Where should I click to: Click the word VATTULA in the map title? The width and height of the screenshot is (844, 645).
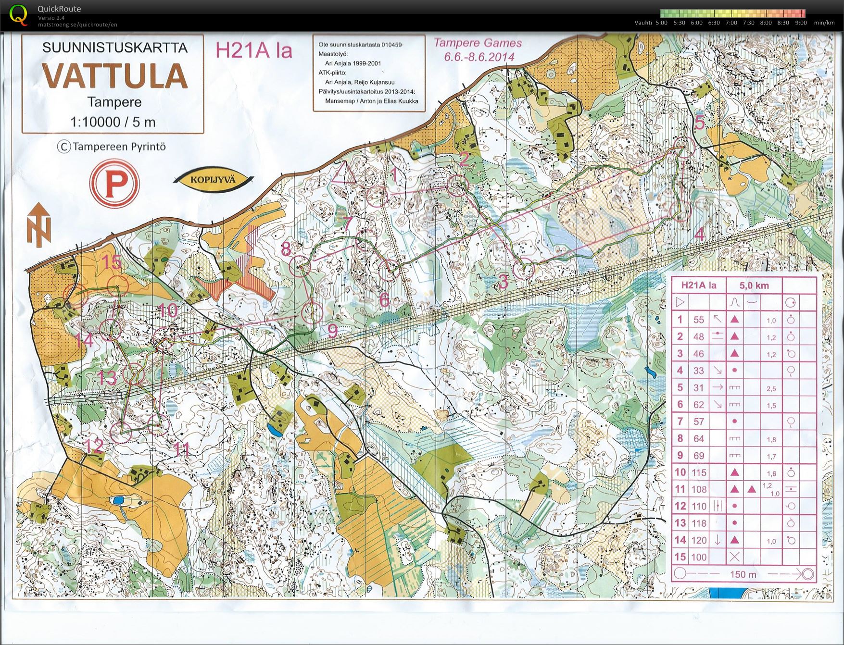coord(114,76)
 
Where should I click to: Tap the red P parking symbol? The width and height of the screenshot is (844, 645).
coord(114,184)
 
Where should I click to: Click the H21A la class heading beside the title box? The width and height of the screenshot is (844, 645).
coord(253,50)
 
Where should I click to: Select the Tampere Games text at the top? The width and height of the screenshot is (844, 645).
coord(478,43)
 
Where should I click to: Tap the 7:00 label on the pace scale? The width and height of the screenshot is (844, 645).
coord(731,23)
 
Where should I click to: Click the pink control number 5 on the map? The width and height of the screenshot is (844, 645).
coord(699,123)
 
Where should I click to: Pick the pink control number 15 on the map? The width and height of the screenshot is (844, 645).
coord(112,262)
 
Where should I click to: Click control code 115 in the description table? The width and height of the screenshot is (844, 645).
coord(699,472)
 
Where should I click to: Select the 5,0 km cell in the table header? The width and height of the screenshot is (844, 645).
coord(754,285)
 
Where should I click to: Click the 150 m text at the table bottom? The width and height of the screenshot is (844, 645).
coord(743,574)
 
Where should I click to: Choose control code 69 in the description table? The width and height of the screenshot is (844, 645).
coord(698,456)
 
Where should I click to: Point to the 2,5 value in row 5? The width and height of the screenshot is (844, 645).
coord(771,388)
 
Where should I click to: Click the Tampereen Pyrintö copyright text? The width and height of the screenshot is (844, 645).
coord(112,147)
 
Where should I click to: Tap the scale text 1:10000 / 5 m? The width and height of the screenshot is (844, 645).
coord(113,122)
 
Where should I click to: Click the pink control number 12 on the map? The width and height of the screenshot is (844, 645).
coord(94,446)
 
